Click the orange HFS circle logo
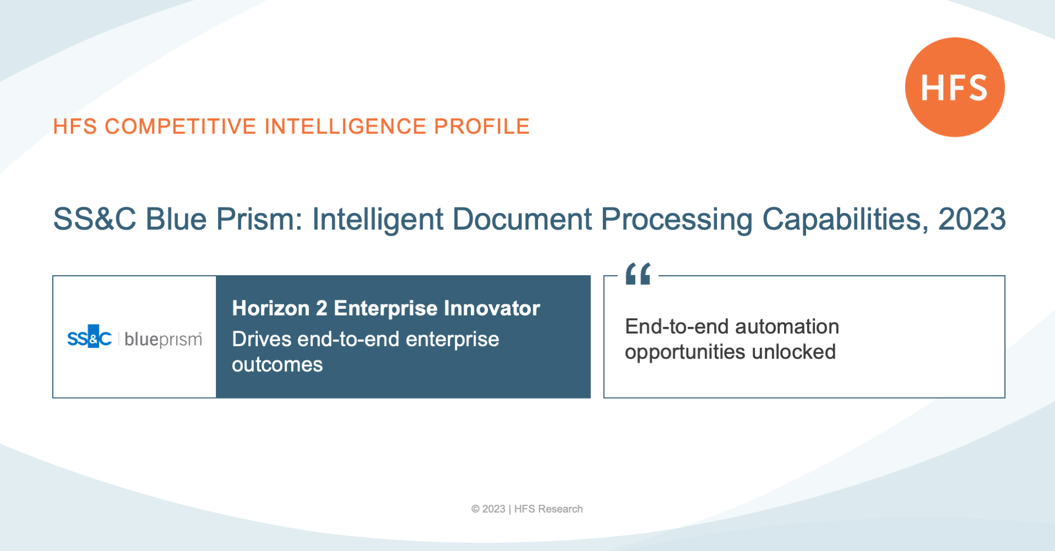[x=954, y=87]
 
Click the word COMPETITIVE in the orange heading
[x=181, y=126]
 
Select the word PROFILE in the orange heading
[x=482, y=126]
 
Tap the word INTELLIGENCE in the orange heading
[x=346, y=126]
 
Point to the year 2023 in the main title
[x=972, y=219]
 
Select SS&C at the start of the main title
[x=95, y=219]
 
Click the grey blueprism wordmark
[x=163, y=339]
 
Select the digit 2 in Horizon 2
[x=321, y=309]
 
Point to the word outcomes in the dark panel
[x=277, y=365]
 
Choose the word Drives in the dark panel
[x=262, y=339]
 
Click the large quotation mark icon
[x=638, y=274]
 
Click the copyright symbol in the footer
[x=475, y=509]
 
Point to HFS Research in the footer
[x=548, y=509]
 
